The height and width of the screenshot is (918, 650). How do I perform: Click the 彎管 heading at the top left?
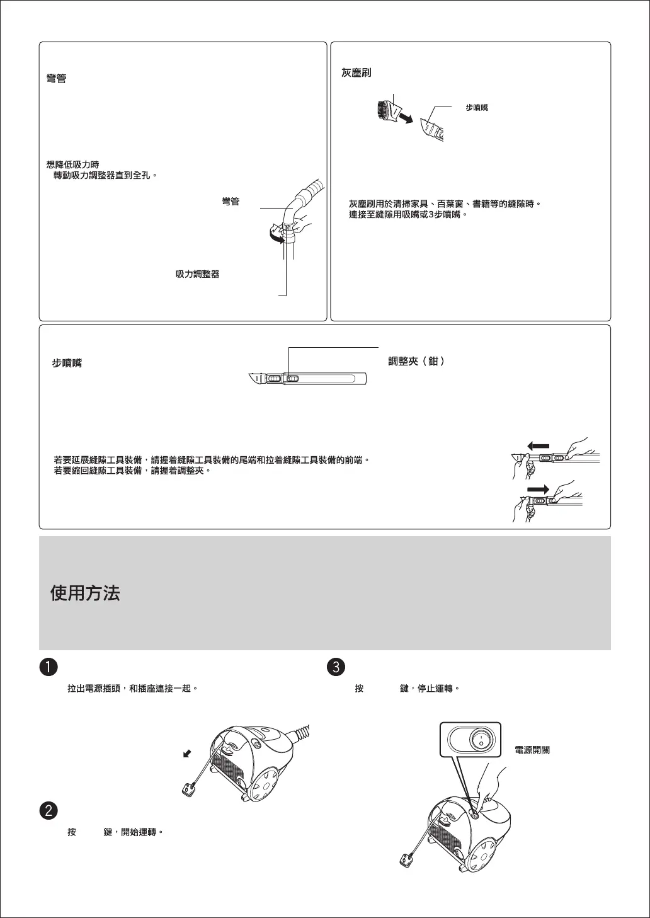point(57,79)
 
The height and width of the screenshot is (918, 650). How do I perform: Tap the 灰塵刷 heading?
point(356,73)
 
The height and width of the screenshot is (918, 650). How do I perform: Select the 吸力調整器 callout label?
point(197,275)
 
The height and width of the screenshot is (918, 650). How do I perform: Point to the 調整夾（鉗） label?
point(416,362)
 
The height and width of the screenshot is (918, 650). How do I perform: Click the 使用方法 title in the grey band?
point(85,593)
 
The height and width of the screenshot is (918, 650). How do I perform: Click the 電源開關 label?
point(532,750)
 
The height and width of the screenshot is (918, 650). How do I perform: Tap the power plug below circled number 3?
point(408,859)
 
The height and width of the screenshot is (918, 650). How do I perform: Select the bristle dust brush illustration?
point(384,111)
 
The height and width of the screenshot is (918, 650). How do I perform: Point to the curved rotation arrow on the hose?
point(275,236)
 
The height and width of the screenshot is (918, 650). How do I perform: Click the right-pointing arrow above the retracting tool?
point(539,489)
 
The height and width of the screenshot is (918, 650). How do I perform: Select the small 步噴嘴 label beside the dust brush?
point(477,108)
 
